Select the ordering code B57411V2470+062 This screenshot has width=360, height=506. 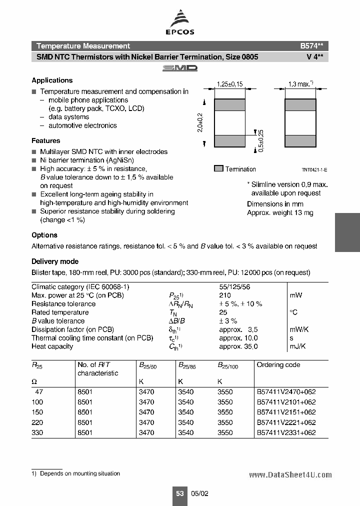click(x=286, y=392)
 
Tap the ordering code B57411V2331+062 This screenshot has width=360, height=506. click(x=286, y=432)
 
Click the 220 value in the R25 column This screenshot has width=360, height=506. click(x=37, y=422)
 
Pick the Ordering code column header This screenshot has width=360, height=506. click(x=278, y=364)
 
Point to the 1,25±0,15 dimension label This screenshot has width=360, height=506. click(x=229, y=84)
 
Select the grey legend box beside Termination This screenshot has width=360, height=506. click(x=218, y=169)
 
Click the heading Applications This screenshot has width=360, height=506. click(x=52, y=80)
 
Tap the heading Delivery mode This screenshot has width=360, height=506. click(x=55, y=261)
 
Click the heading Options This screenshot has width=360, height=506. click(x=44, y=235)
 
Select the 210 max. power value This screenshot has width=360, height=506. click(x=225, y=295)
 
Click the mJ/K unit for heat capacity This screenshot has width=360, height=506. click(x=298, y=346)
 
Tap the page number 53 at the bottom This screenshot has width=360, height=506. click(x=180, y=493)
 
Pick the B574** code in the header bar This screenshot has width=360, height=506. click(x=314, y=45)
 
